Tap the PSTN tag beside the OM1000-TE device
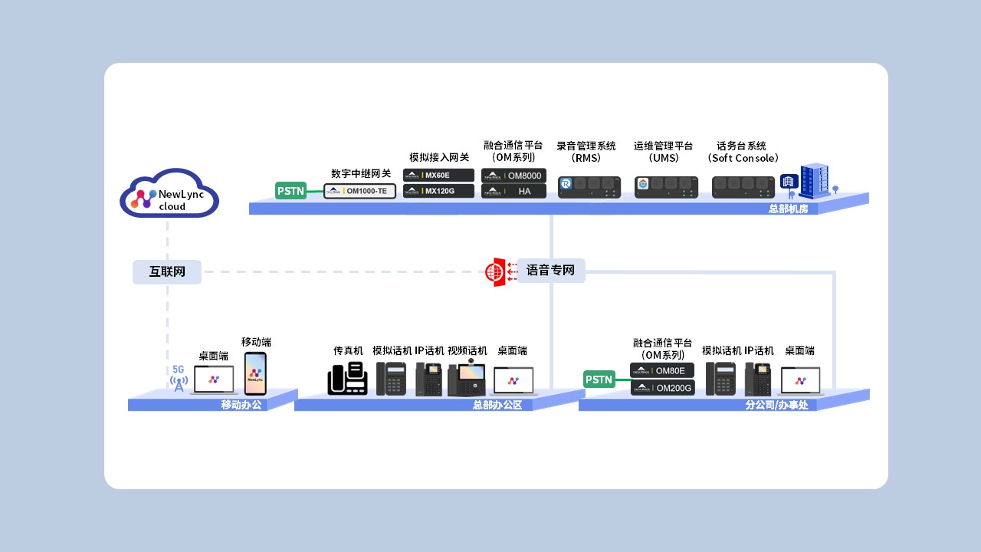coord(290,191)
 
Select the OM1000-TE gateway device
coord(359,191)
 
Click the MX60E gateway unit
coord(438,176)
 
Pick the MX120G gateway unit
coord(438,191)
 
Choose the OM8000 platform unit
coord(513,176)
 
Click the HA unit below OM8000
coord(513,191)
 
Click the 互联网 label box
coord(167,271)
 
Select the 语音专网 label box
coord(550,271)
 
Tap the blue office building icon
coord(811,182)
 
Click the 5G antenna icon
coord(179,379)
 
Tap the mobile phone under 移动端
coord(255,373)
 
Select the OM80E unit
coord(662,371)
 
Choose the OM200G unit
coord(662,388)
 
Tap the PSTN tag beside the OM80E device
coord(599,379)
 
